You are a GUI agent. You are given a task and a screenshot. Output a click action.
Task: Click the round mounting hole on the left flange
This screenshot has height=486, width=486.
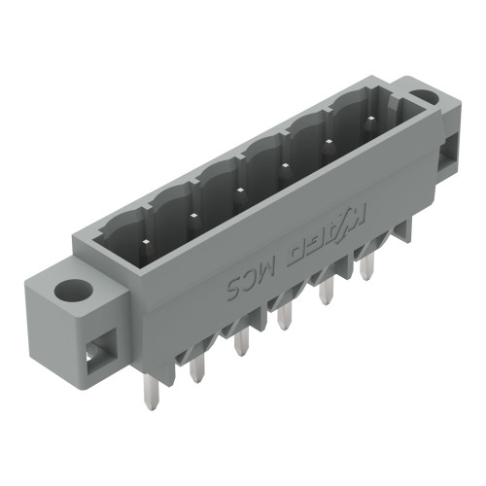click(70, 290)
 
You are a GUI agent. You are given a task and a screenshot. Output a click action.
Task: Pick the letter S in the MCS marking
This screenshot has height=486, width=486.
click(234, 289)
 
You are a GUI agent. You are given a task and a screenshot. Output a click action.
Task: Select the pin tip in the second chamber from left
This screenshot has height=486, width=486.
click(192, 213)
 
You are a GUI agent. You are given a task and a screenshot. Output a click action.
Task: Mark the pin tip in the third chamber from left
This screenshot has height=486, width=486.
click(240, 189)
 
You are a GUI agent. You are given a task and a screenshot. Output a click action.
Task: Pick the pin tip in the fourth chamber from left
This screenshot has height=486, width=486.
click(284, 165)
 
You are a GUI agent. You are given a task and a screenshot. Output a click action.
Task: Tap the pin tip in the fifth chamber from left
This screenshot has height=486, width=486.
click(327, 142)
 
